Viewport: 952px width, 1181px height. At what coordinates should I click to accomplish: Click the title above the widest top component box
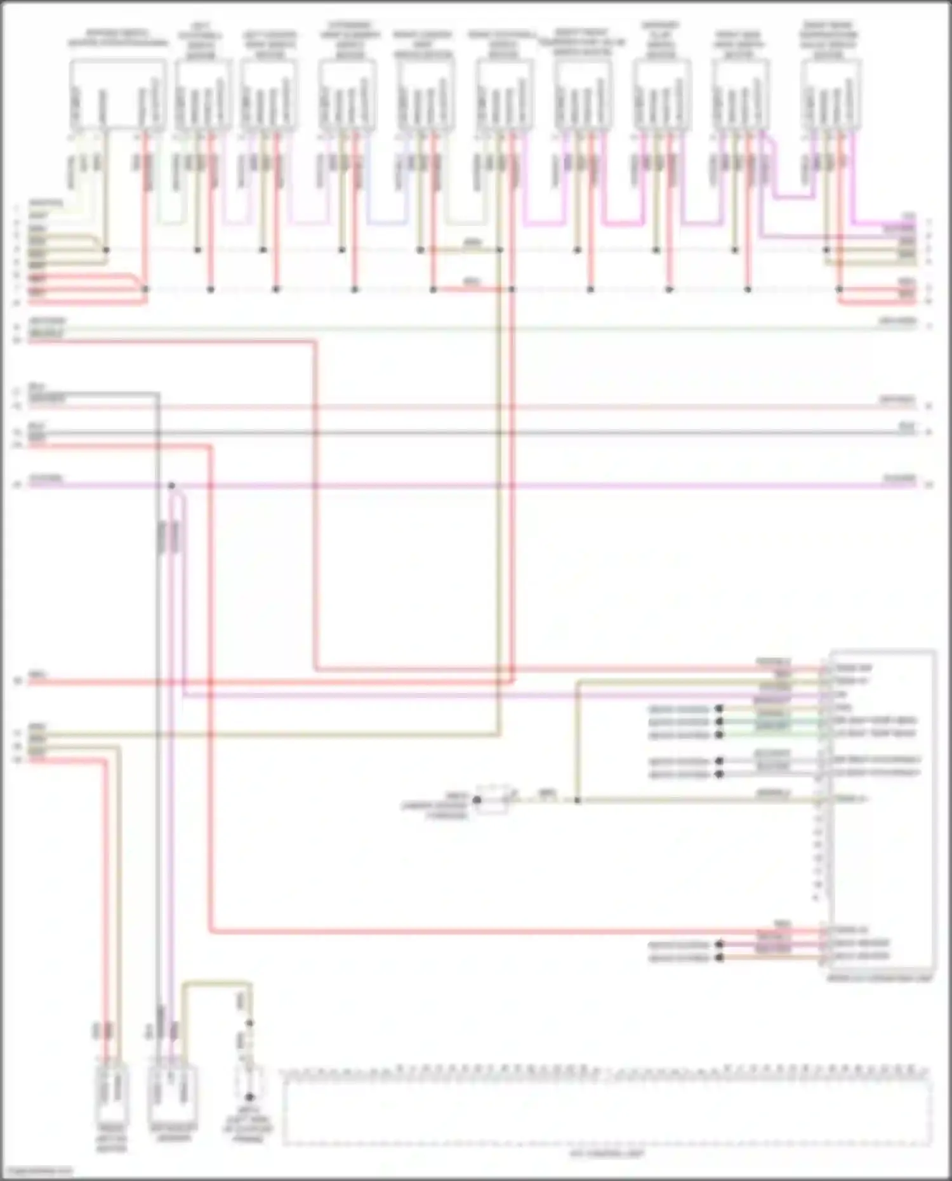pos(118,38)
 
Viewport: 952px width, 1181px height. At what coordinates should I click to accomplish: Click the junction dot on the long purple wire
pos(171,486)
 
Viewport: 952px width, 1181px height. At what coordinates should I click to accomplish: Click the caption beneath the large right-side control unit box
pos(879,979)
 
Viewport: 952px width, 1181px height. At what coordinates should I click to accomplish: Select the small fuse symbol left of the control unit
pos(493,799)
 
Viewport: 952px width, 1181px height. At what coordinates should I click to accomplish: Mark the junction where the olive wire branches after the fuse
pos(578,800)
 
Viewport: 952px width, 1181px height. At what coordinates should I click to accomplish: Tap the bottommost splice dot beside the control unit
pos(719,958)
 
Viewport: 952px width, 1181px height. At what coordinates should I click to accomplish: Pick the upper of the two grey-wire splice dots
pos(719,761)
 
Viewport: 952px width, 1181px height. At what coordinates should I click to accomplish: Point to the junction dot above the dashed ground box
pos(249,1024)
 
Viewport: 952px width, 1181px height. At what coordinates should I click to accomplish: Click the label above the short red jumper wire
pos(472,280)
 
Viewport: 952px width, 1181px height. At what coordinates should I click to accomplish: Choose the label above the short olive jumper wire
pos(472,242)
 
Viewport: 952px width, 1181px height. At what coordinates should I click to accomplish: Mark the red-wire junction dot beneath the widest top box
pos(145,289)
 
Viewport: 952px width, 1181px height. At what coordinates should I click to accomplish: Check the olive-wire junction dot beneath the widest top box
pos(106,250)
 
